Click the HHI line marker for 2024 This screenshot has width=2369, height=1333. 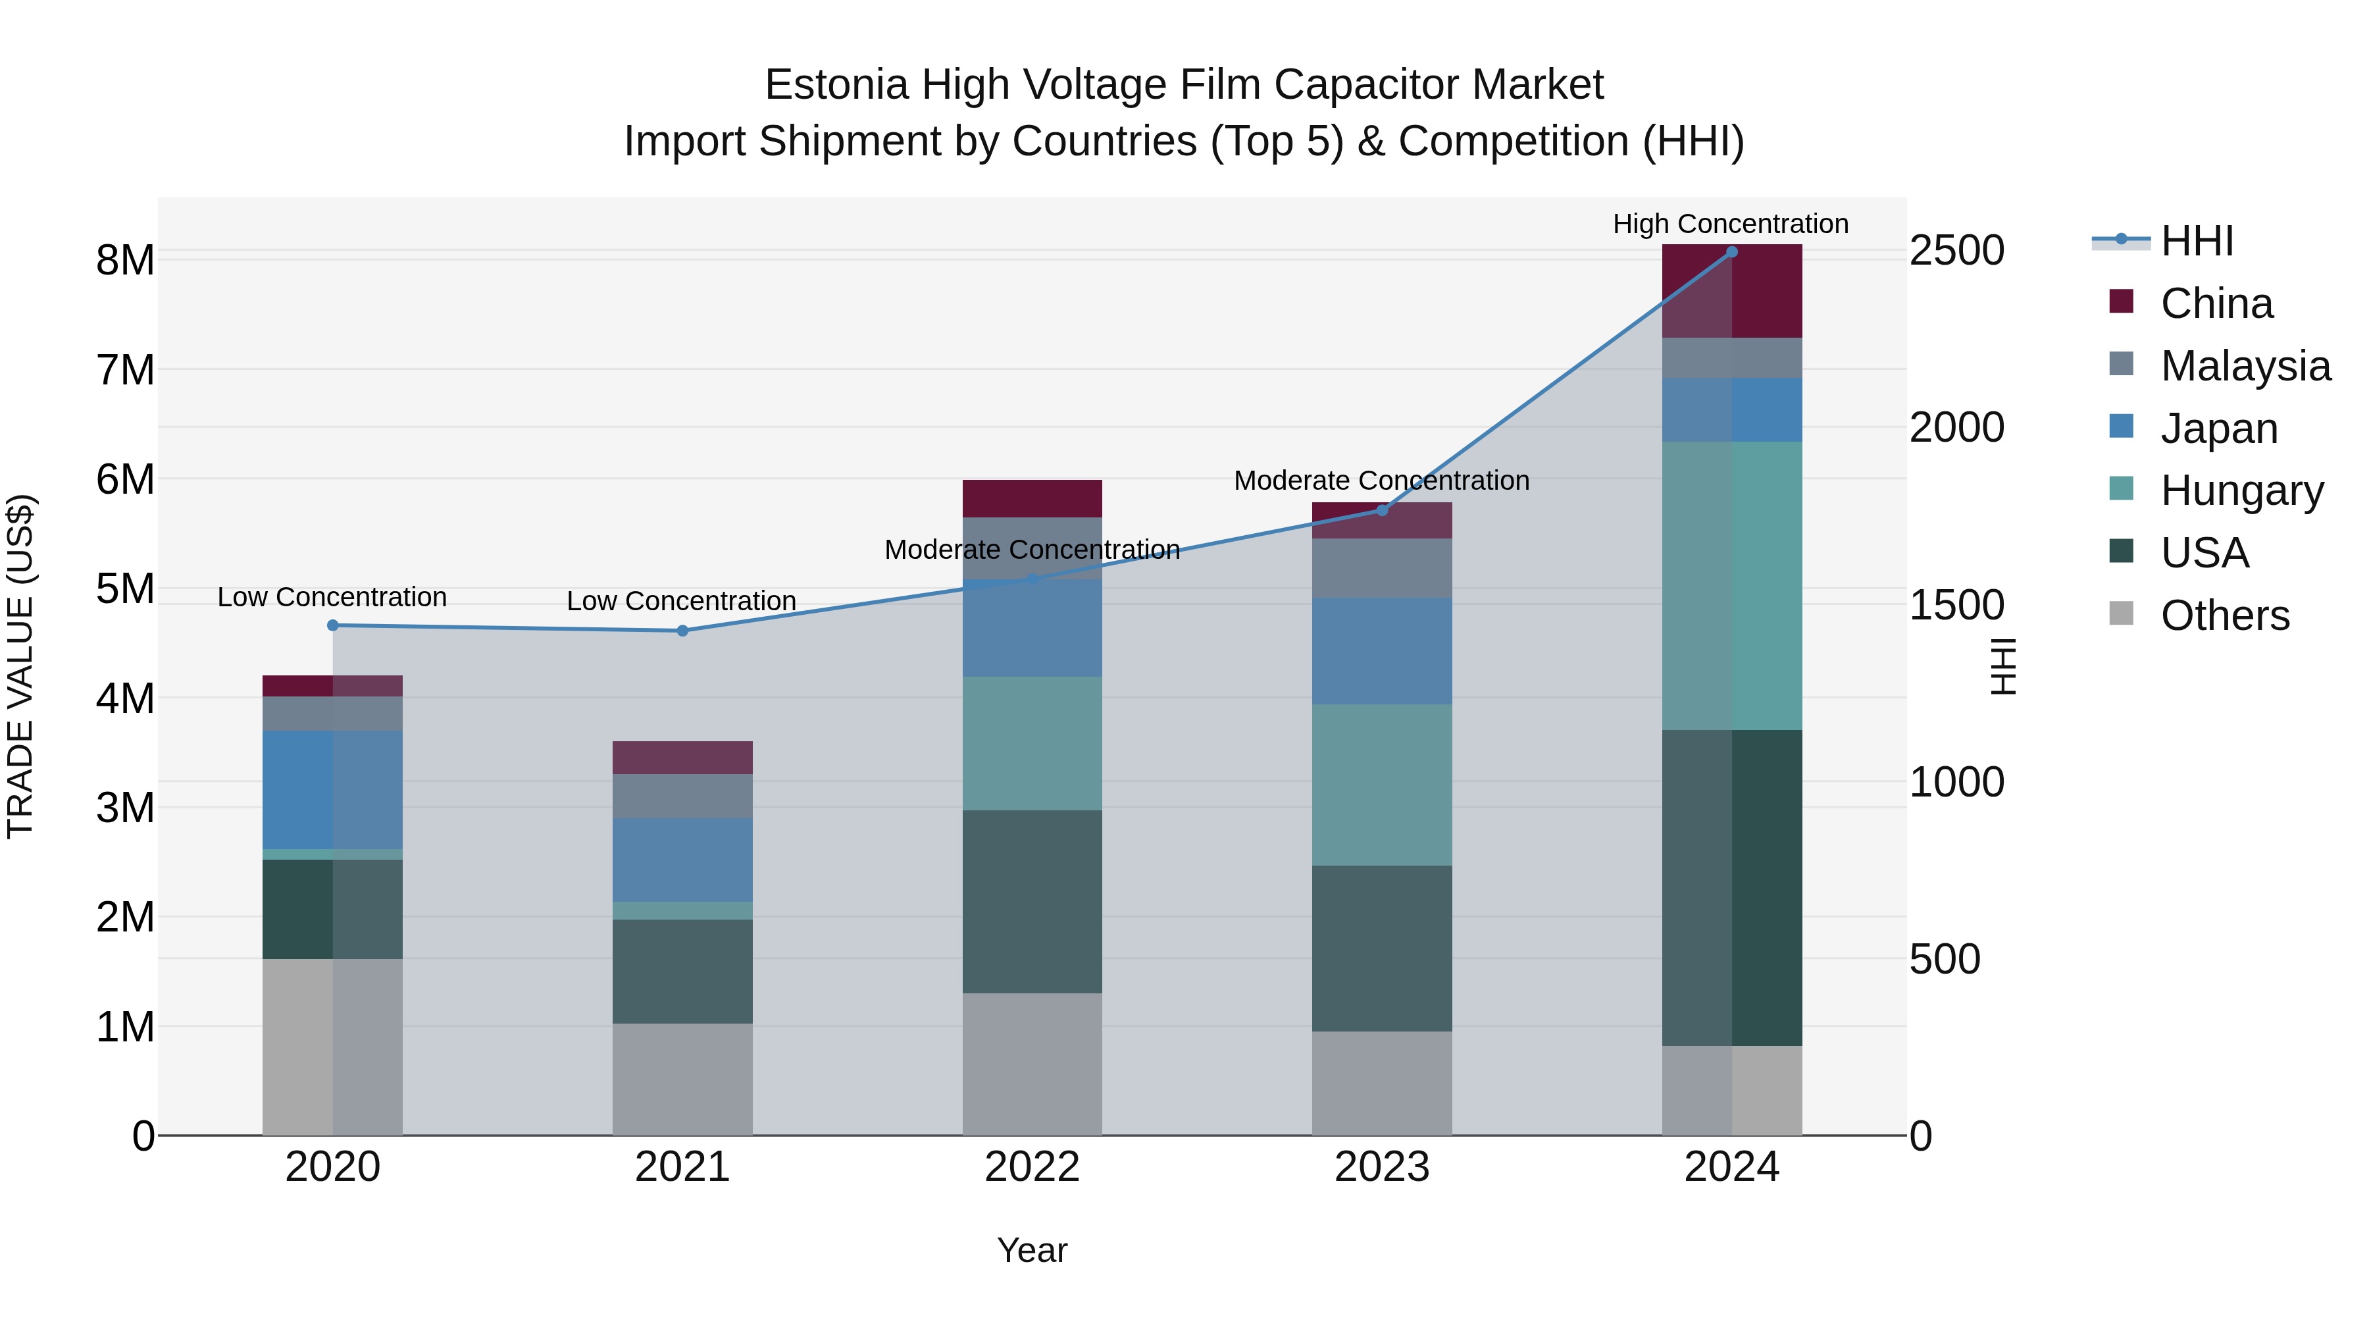pos(1732,252)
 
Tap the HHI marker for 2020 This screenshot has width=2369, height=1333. pos(333,625)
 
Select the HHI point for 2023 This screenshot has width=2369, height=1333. pos(1382,511)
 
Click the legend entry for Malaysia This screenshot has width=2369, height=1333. pos(2245,366)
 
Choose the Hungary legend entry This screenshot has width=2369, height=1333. pos(2241,490)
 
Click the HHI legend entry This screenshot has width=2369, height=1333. pos(2196,241)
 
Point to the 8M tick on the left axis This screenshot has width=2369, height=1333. pos(125,260)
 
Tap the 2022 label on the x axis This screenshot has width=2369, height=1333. pos(1032,1167)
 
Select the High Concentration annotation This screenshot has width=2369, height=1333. pos(1730,224)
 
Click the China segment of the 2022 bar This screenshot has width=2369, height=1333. pos(1032,498)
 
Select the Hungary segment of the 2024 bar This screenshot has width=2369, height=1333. pos(1732,586)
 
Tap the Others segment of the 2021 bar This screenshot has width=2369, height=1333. pos(682,1079)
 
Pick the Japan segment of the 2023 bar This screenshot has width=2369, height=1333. pos(1382,651)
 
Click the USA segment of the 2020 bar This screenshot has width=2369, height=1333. pos(333,909)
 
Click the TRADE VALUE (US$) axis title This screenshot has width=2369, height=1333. pos(20,666)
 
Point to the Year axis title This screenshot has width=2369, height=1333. pos(1032,1251)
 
